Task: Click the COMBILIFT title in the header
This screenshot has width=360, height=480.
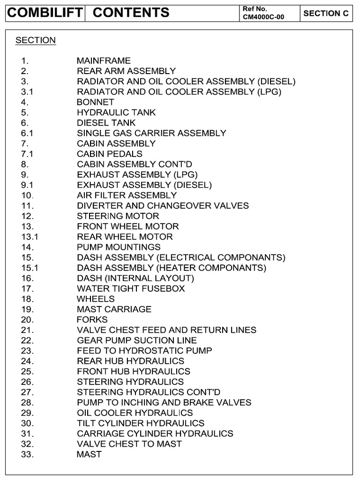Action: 45,13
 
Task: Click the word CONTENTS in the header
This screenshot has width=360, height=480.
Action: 131,13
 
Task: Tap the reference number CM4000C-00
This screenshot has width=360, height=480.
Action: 263,17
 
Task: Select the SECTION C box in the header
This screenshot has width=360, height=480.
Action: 326,13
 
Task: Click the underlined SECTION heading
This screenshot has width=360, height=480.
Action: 36,40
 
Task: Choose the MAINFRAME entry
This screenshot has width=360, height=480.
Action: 104,61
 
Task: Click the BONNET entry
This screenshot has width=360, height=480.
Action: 96,102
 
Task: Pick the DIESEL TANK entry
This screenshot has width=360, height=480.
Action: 106,123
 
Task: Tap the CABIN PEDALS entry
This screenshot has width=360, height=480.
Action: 110,154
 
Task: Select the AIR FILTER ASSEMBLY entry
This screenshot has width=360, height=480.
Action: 127,195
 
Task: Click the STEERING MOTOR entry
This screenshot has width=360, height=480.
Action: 118,216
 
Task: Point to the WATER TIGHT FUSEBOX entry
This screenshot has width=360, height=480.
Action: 131,289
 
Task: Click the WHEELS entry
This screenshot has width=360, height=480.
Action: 96,299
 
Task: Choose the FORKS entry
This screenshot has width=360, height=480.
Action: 92,320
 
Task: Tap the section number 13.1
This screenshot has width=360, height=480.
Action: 30,237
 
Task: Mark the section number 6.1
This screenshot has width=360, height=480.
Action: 27,133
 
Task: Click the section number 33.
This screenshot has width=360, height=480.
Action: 28,454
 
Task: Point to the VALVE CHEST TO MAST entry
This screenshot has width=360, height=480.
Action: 129,444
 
